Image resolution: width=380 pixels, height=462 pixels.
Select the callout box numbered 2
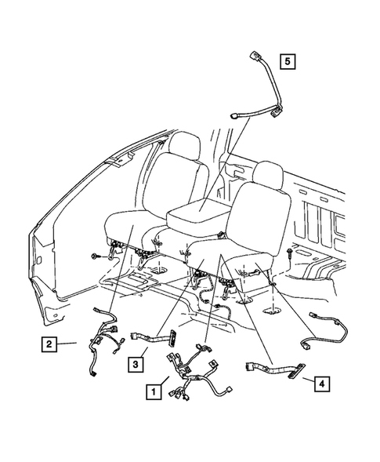click(x=49, y=343)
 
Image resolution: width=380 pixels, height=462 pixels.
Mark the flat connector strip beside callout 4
click(x=270, y=368)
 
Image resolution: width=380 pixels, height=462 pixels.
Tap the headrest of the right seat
click(x=266, y=176)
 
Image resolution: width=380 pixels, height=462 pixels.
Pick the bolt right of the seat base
click(x=291, y=255)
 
